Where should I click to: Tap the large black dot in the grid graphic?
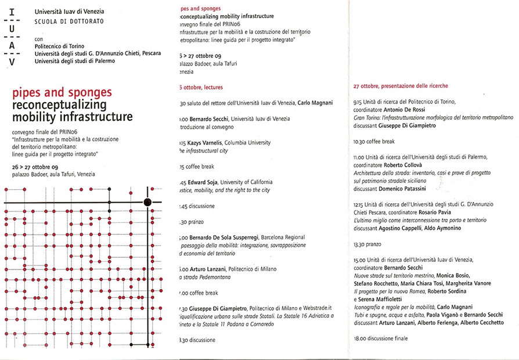[x=147, y=201]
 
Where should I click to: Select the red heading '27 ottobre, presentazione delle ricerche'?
[x=401, y=86]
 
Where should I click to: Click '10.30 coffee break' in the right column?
[x=374, y=141]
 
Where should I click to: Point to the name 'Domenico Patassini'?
[x=408, y=189]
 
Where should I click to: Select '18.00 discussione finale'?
[x=381, y=338]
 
